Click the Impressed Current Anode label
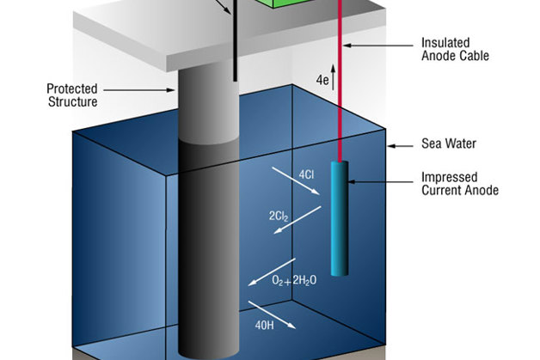click(455, 185)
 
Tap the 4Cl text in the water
click(306, 175)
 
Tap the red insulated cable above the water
click(341, 52)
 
